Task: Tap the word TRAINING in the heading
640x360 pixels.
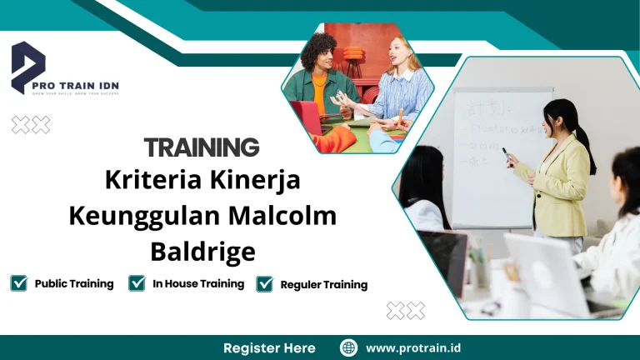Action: click(x=202, y=147)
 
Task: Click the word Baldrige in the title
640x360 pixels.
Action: click(x=202, y=249)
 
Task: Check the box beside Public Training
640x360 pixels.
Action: click(x=19, y=283)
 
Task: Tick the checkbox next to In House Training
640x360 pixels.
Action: click(x=137, y=283)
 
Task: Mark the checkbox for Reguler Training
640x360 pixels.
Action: click(x=265, y=284)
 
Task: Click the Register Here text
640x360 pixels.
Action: click(x=269, y=347)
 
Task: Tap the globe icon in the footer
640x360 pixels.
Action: click(x=349, y=347)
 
